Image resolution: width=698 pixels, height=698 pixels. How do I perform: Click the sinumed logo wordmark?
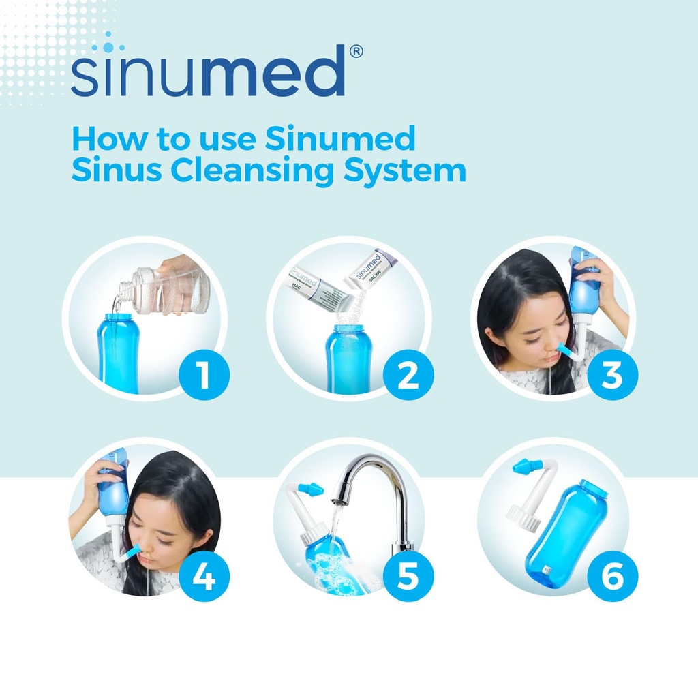click(208, 72)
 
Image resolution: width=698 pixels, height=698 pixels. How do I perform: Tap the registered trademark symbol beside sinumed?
click(356, 52)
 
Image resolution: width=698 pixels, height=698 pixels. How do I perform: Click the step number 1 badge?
click(204, 375)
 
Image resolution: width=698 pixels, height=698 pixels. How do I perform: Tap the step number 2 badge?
click(408, 375)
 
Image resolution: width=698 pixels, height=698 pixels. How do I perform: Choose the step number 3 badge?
click(613, 375)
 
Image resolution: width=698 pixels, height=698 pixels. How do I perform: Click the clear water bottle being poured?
click(170, 290)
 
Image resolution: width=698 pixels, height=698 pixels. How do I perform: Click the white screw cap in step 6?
click(523, 518)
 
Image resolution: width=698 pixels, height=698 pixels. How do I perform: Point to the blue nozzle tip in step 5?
click(310, 489)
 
